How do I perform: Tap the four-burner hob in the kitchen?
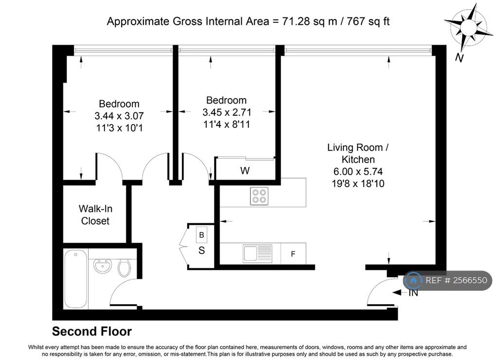pyautogui.click(x=259, y=196)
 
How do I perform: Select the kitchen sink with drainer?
pyautogui.click(x=258, y=253)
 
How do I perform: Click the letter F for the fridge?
pyautogui.click(x=293, y=254)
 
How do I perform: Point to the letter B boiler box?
pyautogui.click(x=201, y=235)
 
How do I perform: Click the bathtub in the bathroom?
pyautogui.click(x=75, y=279)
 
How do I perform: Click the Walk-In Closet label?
pyautogui.click(x=95, y=215)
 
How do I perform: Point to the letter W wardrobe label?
pyautogui.click(x=245, y=171)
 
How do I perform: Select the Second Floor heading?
pyautogui.click(x=92, y=331)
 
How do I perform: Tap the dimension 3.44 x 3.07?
pyautogui.click(x=119, y=116)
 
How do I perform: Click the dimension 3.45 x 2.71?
pyautogui.click(x=227, y=112)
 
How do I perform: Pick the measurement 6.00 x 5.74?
pyautogui.click(x=358, y=172)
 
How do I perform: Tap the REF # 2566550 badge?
pyautogui.click(x=448, y=280)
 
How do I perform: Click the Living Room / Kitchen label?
pyautogui.click(x=358, y=153)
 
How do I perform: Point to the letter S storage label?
pyautogui.click(x=201, y=251)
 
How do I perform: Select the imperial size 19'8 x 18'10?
pyautogui.click(x=358, y=184)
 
